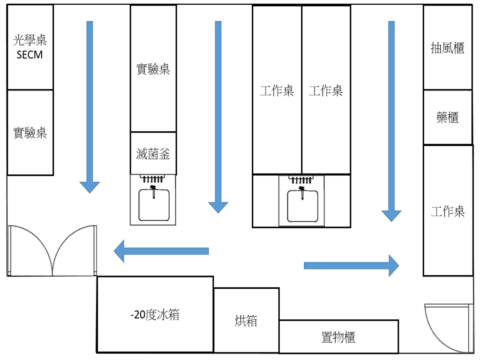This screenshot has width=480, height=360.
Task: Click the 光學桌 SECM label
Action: [x=30, y=47]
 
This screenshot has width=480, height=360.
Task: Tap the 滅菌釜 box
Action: [x=153, y=153]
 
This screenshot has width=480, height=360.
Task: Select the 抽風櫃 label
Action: [x=447, y=48]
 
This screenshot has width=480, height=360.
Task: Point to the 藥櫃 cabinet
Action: [x=447, y=117]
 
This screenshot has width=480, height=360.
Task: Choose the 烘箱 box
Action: [x=246, y=321]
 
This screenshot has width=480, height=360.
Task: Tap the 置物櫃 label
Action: [x=338, y=337]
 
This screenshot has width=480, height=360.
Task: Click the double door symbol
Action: [x=52, y=251]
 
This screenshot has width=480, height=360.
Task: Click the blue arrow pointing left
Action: [x=161, y=251]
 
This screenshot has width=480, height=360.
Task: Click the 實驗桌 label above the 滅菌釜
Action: [x=153, y=69]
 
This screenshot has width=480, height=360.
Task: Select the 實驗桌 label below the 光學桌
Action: [x=30, y=133]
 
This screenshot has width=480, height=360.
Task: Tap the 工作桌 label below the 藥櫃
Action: [x=448, y=211]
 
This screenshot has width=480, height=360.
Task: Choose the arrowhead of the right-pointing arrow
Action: [x=393, y=265]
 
